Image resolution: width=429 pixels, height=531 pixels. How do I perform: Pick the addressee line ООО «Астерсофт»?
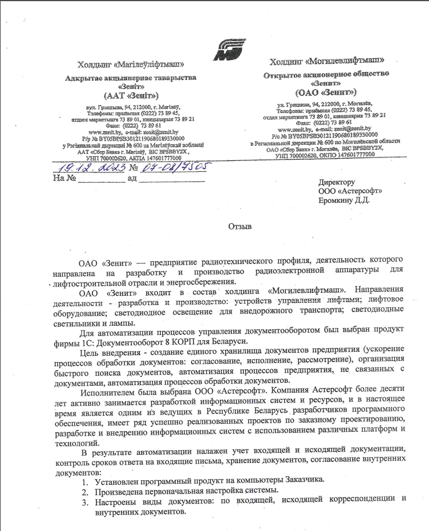pos(350,191)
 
